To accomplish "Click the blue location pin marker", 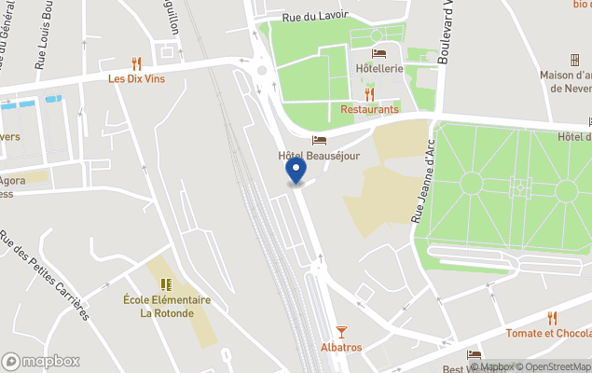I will pos(296,171).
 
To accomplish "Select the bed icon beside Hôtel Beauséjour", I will pos(319,140).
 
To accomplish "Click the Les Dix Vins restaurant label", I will pos(136,79).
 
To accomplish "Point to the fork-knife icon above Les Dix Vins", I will pos(136,63).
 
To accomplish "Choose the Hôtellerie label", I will pos(379,69).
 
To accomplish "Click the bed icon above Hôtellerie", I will pos(379,53).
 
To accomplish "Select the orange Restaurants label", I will pos(369,109).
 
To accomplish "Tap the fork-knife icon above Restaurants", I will pos(369,93).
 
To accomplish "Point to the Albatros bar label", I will pos(340,347).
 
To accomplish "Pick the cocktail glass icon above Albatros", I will pos(340,331).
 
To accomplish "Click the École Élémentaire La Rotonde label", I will pos(167,306).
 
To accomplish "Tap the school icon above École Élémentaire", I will pos(166,284).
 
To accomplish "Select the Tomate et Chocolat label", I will pos(548,333).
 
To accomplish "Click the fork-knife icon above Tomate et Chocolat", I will pos(552,317).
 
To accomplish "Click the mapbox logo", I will pos(41,361).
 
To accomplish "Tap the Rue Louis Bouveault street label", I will pos(41,37).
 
